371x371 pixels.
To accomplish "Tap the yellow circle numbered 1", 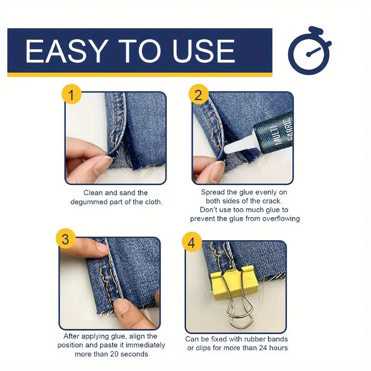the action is (x=71, y=94).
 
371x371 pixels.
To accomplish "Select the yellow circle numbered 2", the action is (x=198, y=94).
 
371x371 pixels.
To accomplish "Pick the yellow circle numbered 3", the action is (x=66, y=238).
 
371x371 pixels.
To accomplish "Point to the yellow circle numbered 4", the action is (x=192, y=242).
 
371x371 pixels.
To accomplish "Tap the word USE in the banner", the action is (x=204, y=51).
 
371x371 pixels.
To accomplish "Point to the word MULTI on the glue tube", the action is (x=277, y=135).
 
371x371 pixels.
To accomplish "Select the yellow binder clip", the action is (x=234, y=283).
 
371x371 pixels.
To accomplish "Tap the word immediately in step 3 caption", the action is (x=145, y=345).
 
